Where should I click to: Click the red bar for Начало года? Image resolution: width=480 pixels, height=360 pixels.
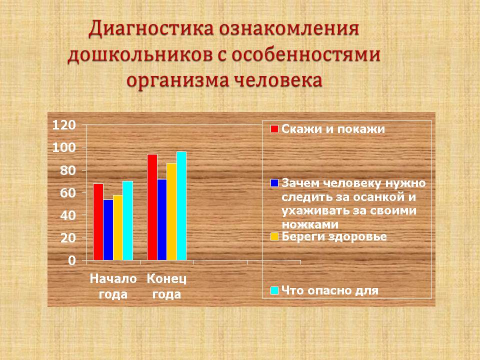[x=98, y=222]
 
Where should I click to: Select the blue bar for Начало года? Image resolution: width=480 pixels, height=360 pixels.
[x=108, y=230]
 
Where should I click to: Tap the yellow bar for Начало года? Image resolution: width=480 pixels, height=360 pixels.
[x=118, y=228]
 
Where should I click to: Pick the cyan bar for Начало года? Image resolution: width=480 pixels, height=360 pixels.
[x=128, y=220]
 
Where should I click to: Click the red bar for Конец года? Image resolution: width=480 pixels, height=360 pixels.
[x=152, y=207]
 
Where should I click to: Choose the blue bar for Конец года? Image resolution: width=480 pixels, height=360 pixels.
[x=162, y=220]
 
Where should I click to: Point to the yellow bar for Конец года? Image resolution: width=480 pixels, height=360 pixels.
[x=171, y=211]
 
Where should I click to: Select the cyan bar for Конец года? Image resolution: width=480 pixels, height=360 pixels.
[x=181, y=206]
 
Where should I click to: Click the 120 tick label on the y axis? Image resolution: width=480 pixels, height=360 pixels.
[x=64, y=125]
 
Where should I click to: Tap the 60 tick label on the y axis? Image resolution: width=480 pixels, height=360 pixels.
[x=68, y=193]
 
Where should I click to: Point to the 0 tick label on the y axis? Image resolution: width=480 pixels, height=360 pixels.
[x=72, y=261]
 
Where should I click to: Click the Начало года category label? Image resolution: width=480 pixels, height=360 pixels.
[x=113, y=286]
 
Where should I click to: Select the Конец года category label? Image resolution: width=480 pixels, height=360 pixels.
[x=166, y=286]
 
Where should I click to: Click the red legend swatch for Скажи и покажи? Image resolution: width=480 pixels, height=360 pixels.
[x=274, y=129]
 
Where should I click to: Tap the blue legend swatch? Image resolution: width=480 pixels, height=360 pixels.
[x=274, y=183]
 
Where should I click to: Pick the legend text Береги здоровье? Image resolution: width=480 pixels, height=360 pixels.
[x=334, y=236]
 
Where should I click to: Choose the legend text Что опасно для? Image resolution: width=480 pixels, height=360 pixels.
[x=330, y=290]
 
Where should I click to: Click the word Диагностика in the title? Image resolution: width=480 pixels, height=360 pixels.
[x=151, y=29]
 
